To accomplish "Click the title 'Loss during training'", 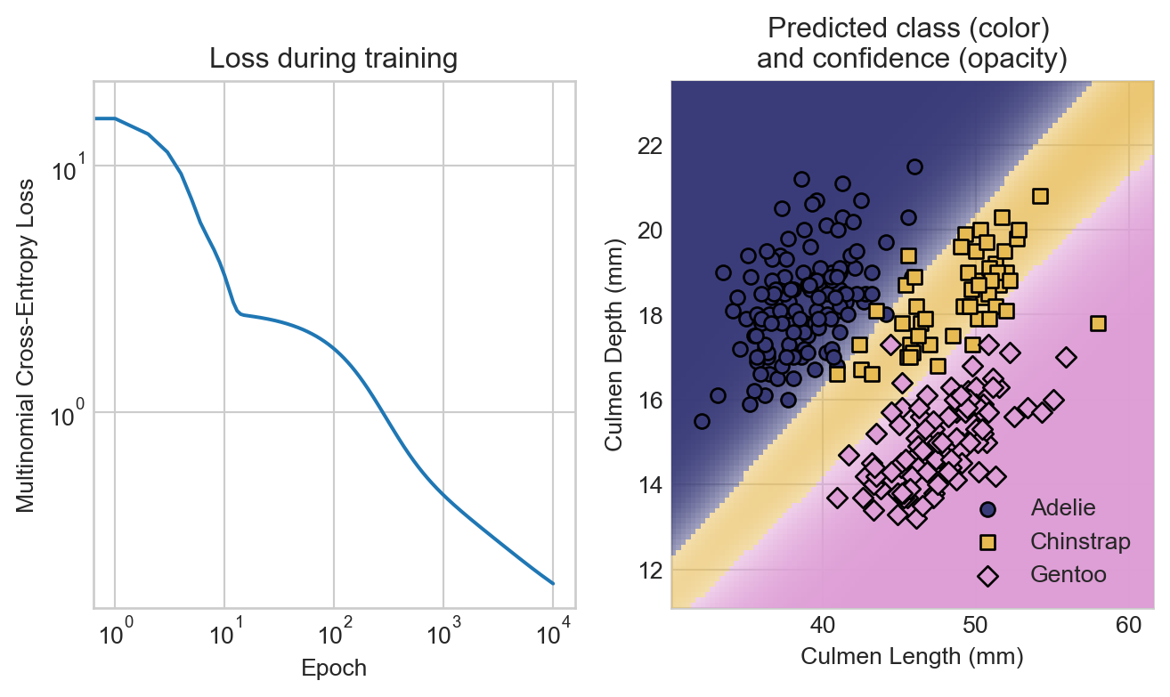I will coord(333,60).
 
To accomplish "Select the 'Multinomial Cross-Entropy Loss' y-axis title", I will coord(26,345).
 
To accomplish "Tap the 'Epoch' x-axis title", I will coord(334,668).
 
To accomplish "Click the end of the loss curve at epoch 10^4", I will coord(553,584).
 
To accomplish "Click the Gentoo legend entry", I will coord(1068,575).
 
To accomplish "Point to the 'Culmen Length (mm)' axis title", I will coord(912,657).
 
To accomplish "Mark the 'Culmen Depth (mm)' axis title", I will coord(614,345).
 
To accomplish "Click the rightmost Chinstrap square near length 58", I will coord(1098,323).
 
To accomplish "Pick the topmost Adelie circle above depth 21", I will coord(914,166).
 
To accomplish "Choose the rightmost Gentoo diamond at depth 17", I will coord(1066,357).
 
